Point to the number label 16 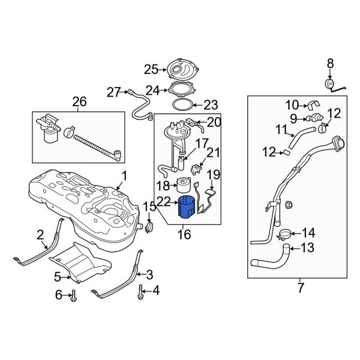click(184, 235)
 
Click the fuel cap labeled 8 click(329, 83)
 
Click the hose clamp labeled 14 click(286, 233)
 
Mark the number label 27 click(114, 91)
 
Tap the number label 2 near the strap click(40, 235)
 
